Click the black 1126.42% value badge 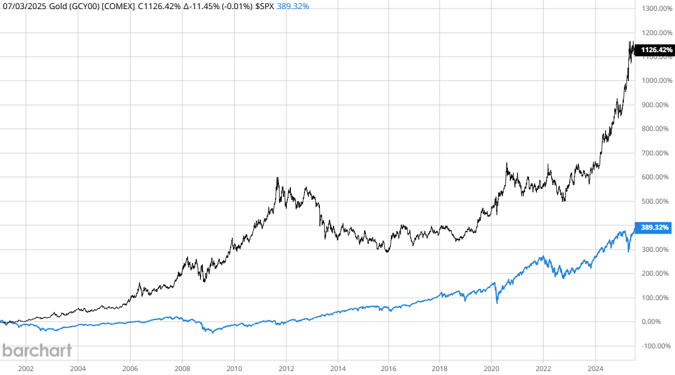(x=656, y=50)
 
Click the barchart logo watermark (x=37, y=350)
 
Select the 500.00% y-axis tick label (x=656, y=201)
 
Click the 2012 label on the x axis (x=286, y=368)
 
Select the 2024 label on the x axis (x=595, y=368)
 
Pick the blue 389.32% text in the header (x=293, y=7)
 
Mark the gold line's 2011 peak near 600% (x=277, y=178)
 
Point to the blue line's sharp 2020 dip (x=497, y=302)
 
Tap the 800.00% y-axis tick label (x=656, y=129)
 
